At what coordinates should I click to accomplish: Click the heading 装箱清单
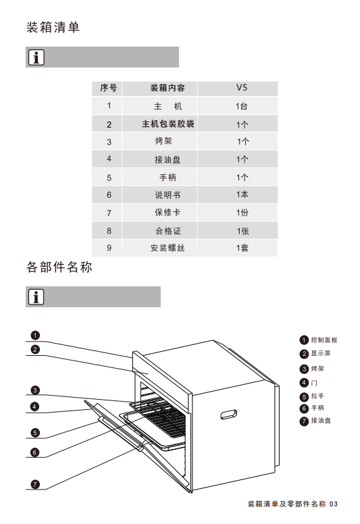click(x=53, y=28)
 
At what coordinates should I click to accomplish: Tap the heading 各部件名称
click(x=59, y=267)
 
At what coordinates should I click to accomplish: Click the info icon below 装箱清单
click(x=36, y=57)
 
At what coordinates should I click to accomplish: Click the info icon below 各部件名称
click(x=36, y=296)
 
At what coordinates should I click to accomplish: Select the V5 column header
click(x=242, y=88)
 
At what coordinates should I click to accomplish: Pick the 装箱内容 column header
click(x=168, y=88)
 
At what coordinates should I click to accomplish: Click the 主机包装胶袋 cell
click(x=168, y=124)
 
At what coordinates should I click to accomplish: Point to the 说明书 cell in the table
click(x=168, y=195)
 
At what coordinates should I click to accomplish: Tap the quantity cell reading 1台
click(x=242, y=106)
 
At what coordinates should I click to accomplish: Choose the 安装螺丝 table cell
click(x=168, y=248)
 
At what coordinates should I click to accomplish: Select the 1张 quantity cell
click(x=242, y=231)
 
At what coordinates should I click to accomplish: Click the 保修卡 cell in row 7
click(x=168, y=212)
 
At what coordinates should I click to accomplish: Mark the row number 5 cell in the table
click(x=109, y=178)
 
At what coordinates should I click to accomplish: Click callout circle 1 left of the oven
click(x=35, y=335)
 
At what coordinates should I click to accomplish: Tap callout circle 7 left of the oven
click(x=35, y=484)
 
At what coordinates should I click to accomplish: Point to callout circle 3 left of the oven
click(x=35, y=390)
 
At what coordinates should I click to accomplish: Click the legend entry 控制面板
click(x=319, y=340)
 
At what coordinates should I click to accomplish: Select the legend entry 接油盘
click(x=315, y=421)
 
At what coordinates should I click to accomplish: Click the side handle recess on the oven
click(x=229, y=415)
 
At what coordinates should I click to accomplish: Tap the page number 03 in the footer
click(x=334, y=504)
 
